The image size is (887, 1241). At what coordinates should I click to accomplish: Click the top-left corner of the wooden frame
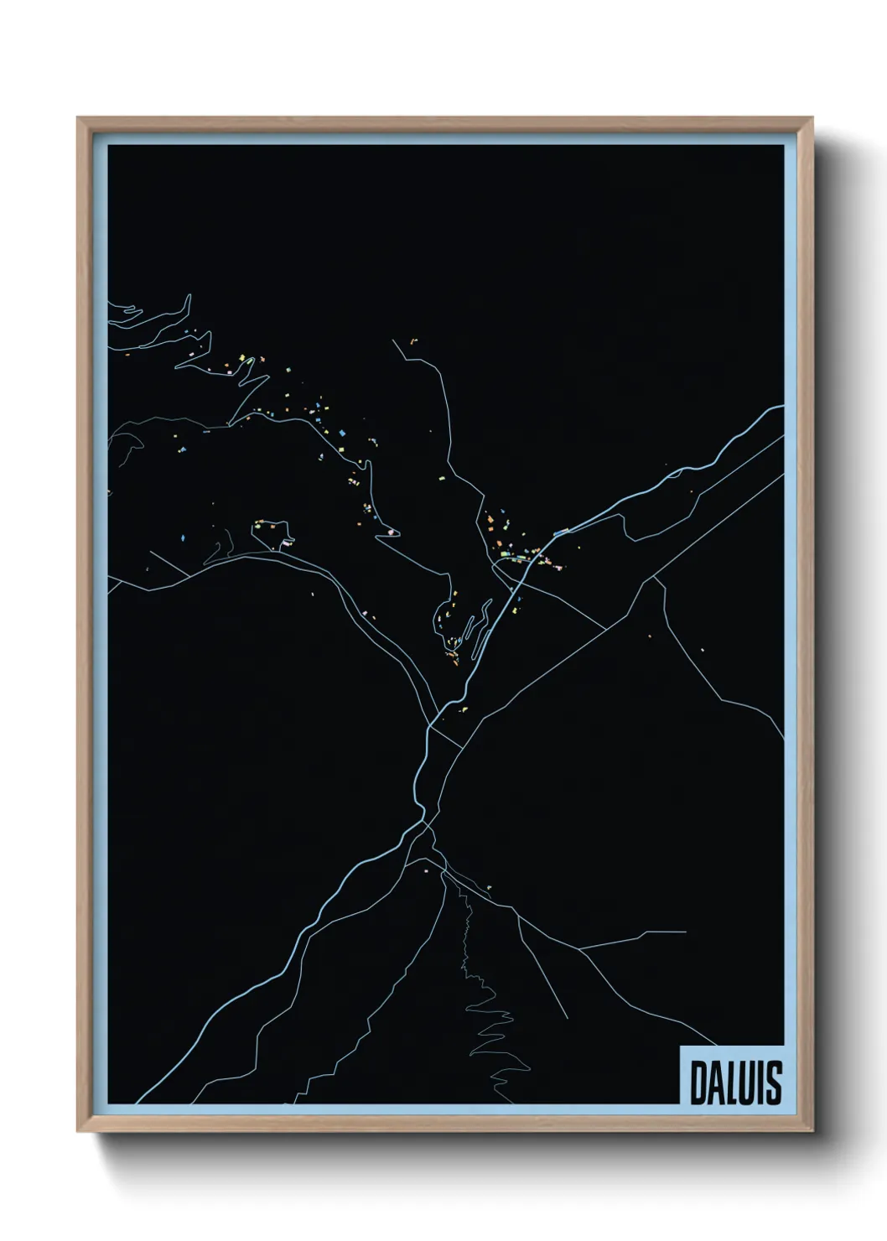[x=79, y=119]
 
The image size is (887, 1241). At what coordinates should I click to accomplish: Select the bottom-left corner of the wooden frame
[x=79, y=1130]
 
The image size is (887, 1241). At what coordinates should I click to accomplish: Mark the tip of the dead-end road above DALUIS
[x=686, y=932]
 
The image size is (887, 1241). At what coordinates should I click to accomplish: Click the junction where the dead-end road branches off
[x=580, y=948]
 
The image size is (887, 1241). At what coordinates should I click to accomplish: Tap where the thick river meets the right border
[x=783, y=407]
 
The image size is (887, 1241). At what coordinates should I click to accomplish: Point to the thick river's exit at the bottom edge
[x=137, y=1102]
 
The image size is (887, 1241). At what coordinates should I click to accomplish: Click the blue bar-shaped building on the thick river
[x=562, y=531]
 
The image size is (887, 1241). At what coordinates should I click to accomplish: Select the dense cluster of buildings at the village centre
[x=520, y=553]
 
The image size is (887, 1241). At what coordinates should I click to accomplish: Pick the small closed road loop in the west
[x=273, y=532]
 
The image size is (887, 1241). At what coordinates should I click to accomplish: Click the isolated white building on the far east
[x=702, y=650]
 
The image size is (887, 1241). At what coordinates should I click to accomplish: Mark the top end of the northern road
[x=393, y=340]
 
